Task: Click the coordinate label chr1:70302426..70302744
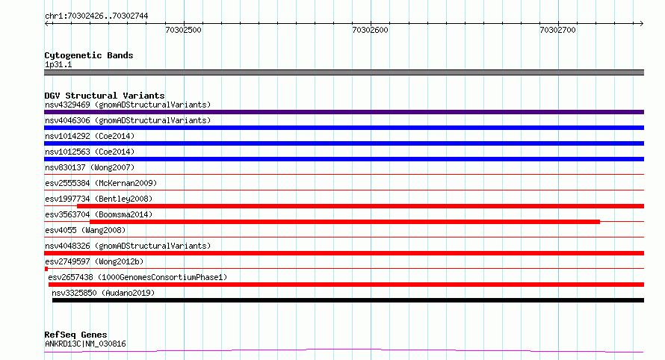[x=96, y=16]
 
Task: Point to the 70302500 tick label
[x=183, y=30]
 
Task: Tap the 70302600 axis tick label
[x=371, y=30]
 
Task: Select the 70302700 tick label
[x=557, y=30]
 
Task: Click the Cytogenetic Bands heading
[x=89, y=55]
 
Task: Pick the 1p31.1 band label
[x=58, y=64]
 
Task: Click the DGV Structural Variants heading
[x=105, y=96]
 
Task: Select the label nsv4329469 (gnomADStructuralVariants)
[x=128, y=105]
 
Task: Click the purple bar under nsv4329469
[x=344, y=112]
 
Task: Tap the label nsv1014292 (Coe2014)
[x=90, y=136]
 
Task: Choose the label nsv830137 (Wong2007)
[x=90, y=167]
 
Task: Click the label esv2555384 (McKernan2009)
[x=101, y=183]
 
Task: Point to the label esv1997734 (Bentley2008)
[x=99, y=199]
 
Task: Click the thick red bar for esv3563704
[x=344, y=222]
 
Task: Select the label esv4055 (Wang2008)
[x=85, y=230]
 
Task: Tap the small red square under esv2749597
[x=46, y=269]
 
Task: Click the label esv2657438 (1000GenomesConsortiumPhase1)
[x=137, y=277]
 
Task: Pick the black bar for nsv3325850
[x=348, y=300]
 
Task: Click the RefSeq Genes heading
[x=75, y=335]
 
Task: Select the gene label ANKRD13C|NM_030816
[x=85, y=344]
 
